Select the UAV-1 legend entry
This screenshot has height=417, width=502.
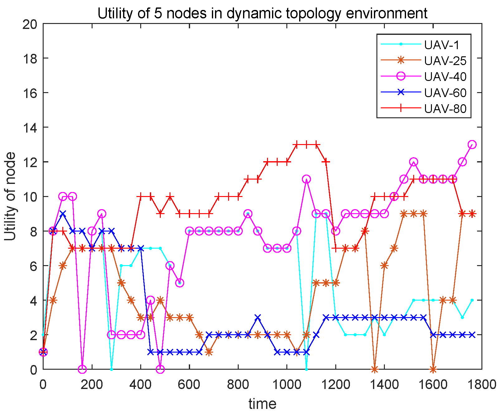[x=442, y=45]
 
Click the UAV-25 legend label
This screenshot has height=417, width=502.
[x=445, y=61]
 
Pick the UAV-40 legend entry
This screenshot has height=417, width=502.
[x=445, y=77]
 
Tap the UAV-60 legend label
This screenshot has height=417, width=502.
[x=445, y=93]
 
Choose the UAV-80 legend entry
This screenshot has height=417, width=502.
[x=445, y=109]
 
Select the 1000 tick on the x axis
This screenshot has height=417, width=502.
[x=286, y=385]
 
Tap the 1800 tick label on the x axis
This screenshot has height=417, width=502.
[x=481, y=385]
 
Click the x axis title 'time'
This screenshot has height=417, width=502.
[x=262, y=404]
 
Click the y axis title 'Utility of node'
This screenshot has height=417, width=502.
[x=11, y=196]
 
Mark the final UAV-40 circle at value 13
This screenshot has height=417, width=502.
[x=472, y=144]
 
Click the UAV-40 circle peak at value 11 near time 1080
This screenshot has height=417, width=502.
[x=306, y=179]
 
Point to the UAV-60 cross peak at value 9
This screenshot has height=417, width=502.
[x=63, y=214]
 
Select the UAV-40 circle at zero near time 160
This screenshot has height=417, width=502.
[x=82, y=369]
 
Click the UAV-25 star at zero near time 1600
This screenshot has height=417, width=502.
[x=433, y=369]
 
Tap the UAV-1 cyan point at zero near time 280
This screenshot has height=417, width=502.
[x=112, y=369]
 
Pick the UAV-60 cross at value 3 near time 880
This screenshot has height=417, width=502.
[x=258, y=317]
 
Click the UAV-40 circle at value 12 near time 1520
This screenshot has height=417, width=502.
[x=414, y=162]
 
